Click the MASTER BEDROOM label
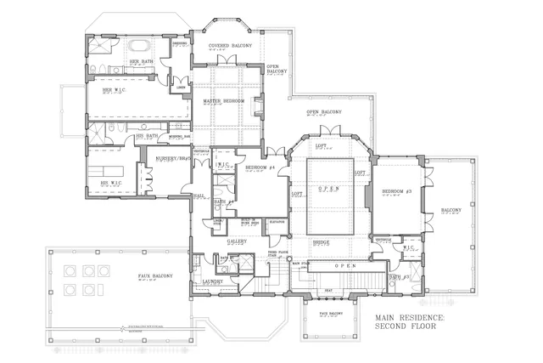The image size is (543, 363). tap(224, 101)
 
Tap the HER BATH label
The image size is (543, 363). tap(140, 62)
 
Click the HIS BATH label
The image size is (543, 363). tap(147, 135)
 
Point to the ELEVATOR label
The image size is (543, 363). tap(276, 222)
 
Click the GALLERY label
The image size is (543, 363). tap(237, 241)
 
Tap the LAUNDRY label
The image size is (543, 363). tap(212, 281)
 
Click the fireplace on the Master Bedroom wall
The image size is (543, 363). tap(258, 108)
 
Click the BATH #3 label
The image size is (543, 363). tap(400, 277)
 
